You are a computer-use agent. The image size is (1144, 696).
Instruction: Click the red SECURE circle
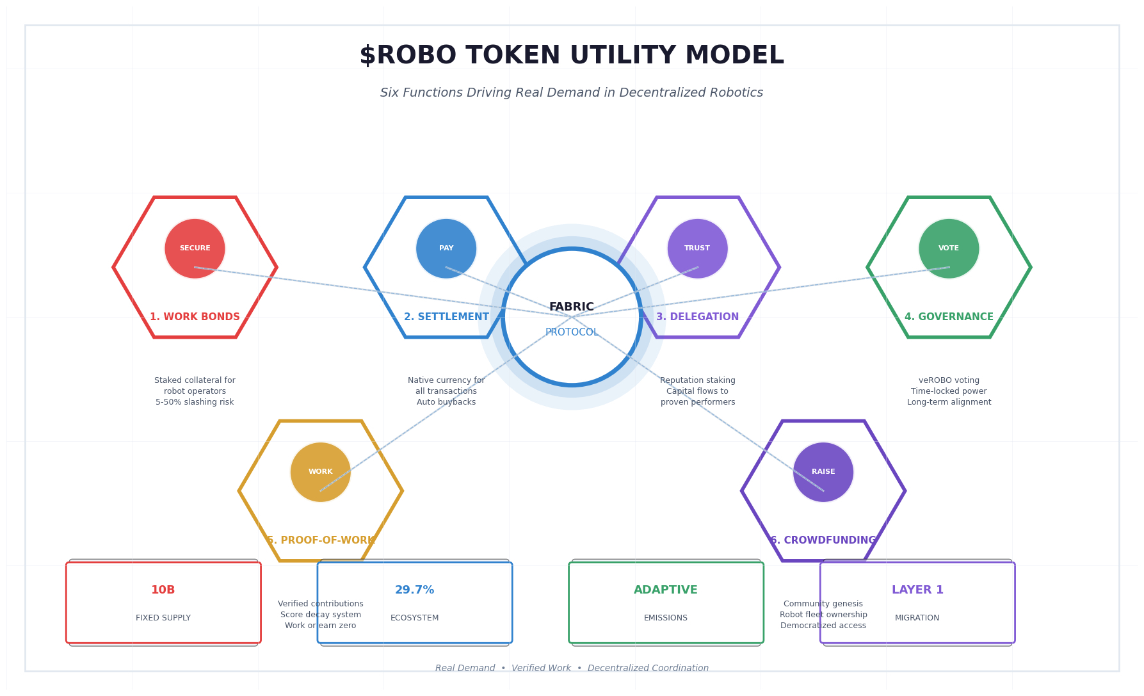click(195, 248)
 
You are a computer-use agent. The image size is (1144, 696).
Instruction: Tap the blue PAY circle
click(446, 248)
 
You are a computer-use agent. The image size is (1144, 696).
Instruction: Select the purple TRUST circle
click(697, 248)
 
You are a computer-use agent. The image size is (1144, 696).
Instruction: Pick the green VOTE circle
click(949, 248)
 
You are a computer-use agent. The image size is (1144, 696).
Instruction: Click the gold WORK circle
click(321, 472)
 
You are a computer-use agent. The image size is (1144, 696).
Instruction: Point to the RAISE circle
click(823, 472)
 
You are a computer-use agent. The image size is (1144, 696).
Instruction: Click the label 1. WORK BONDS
click(195, 317)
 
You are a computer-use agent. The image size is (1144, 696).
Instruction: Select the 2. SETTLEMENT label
click(446, 317)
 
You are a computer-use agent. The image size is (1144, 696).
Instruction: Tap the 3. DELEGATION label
click(697, 317)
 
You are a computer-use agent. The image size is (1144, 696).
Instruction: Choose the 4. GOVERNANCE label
click(949, 317)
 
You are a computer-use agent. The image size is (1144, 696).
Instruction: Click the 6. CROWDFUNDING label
click(823, 540)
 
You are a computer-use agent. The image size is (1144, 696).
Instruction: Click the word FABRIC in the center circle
click(572, 307)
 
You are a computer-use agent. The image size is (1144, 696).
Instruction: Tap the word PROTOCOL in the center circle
click(572, 332)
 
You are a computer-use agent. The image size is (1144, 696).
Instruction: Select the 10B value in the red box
click(163, 590)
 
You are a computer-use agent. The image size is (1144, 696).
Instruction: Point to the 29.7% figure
click(415, 590)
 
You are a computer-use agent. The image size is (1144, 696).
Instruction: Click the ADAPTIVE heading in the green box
click(666, 590)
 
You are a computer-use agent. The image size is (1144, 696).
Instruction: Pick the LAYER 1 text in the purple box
click(917, 590)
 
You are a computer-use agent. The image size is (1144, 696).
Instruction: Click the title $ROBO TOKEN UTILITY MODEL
click(572, 56)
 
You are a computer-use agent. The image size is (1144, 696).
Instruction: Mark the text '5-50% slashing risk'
click(195, 402)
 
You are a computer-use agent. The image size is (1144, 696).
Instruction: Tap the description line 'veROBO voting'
click(949, 380)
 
